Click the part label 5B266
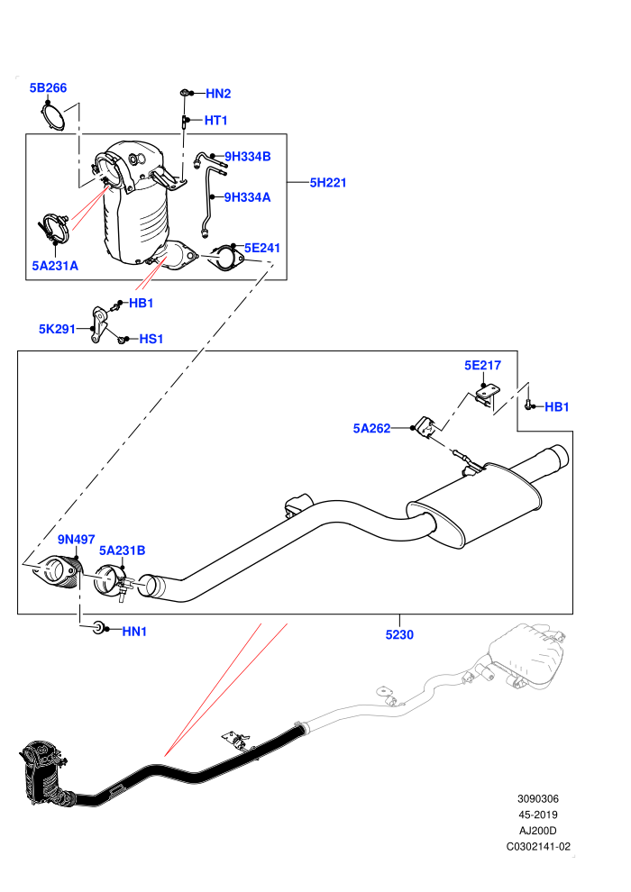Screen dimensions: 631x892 coord(48,87)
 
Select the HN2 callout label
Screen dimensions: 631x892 coord(218,94)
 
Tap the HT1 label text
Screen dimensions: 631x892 coord(215,120)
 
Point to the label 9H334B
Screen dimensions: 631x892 coord(248,157)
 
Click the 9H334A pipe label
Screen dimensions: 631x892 coord(247,197)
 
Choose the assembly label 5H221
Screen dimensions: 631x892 coord(328,183)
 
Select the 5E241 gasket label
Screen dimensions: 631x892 coord(261,248)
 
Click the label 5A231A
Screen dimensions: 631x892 coord(55,266)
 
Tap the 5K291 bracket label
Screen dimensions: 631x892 coord(57,329)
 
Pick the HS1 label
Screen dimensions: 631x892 coord(151,339)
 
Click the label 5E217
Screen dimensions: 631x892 coord(482,365)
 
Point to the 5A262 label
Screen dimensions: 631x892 coord(371,428)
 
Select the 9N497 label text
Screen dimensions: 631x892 coord(77,540)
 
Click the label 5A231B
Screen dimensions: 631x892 coord(123,551)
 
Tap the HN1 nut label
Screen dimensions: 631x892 coord(134,632)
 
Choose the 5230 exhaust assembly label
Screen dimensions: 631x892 coord(399,635)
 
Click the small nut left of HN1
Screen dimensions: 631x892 coord(98,627)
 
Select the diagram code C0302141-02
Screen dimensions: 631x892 coord(538,846)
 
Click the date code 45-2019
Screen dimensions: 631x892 coord(537,815)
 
